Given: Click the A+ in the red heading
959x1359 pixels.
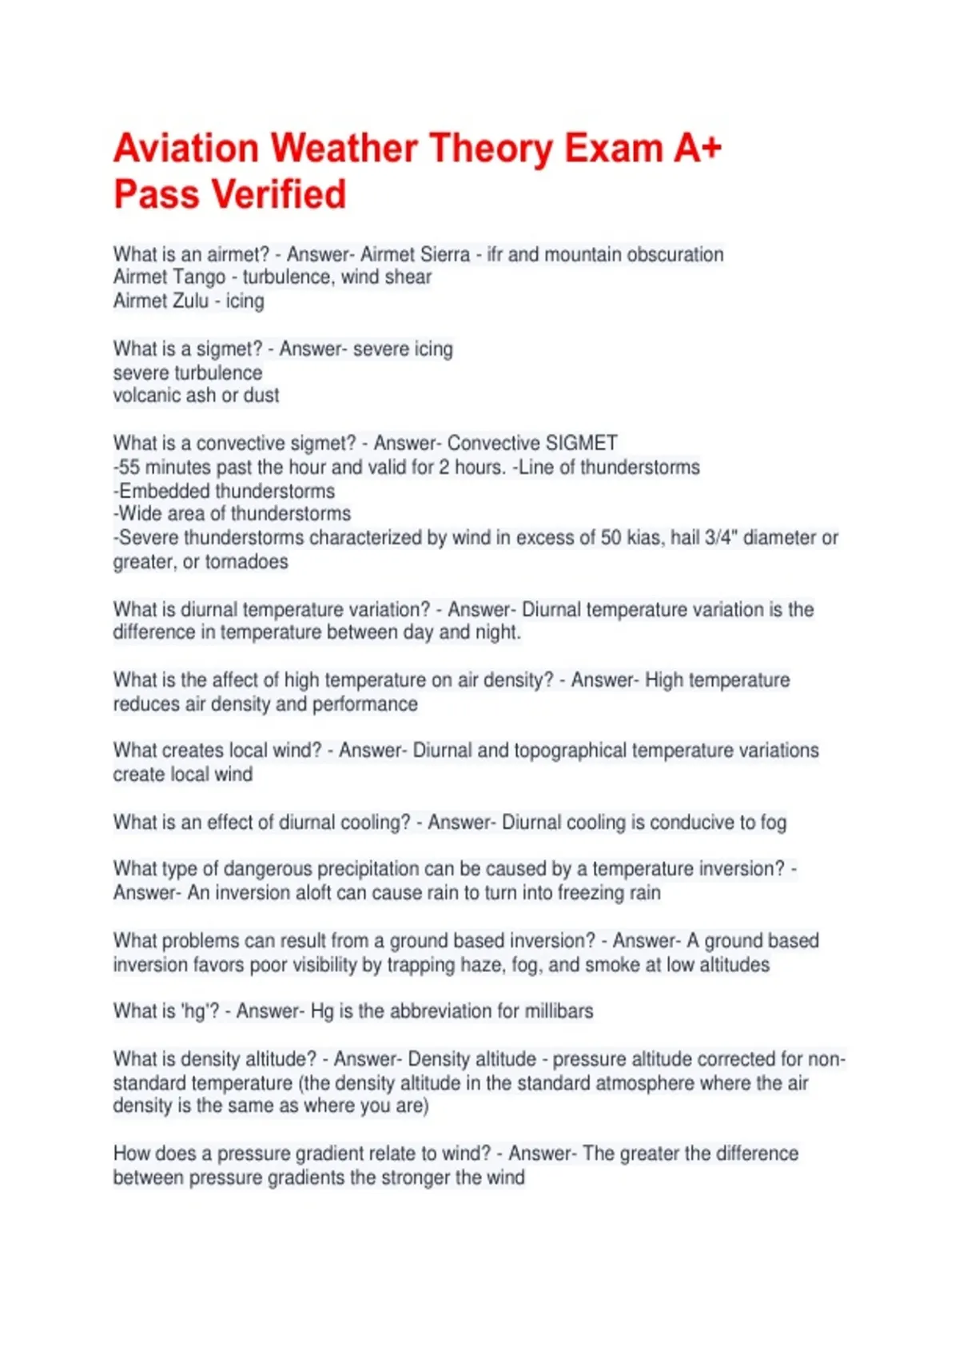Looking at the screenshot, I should tap(698, 149).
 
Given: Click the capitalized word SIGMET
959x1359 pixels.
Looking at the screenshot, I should tap(581, 444).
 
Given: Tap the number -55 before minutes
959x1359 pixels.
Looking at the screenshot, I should tap(128, 468).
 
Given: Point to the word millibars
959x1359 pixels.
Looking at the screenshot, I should tap(559, 1011).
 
